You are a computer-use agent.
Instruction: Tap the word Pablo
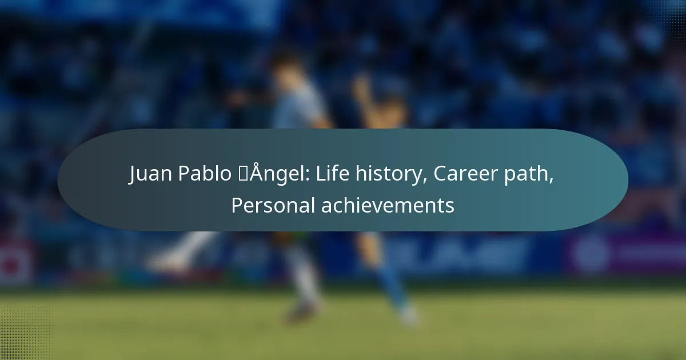click(205, 173)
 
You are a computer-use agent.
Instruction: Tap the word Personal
click(273, 205)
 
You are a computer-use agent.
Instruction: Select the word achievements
click(388, 205)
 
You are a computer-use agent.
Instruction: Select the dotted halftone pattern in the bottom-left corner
click(26, 333)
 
